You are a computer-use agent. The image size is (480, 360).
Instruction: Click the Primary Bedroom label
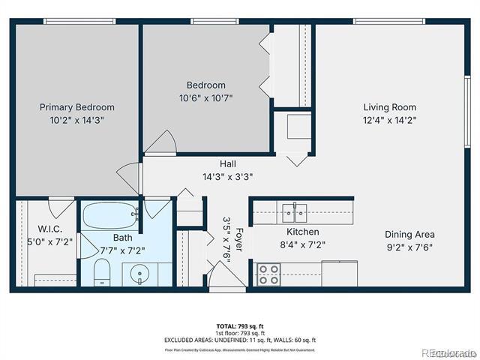[x=77, y=107]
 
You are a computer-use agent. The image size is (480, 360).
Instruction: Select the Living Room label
[x=389, y=107]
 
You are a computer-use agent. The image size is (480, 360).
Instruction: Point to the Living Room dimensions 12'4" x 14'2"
[x=389, y=119]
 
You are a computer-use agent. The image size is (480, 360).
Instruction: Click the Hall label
[x=228, y=164]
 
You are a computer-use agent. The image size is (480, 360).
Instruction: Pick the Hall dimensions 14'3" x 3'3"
[x=228, y=177]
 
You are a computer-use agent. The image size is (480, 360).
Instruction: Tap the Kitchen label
[x=302, y=232]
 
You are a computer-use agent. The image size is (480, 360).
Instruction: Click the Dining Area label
[x=409, y=234]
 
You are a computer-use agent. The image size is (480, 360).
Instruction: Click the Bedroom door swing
[x=160, y=142]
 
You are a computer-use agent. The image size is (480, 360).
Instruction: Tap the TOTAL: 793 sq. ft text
[x=239, y=326]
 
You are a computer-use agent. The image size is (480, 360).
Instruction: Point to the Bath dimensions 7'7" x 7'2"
[x=123, y=250]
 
